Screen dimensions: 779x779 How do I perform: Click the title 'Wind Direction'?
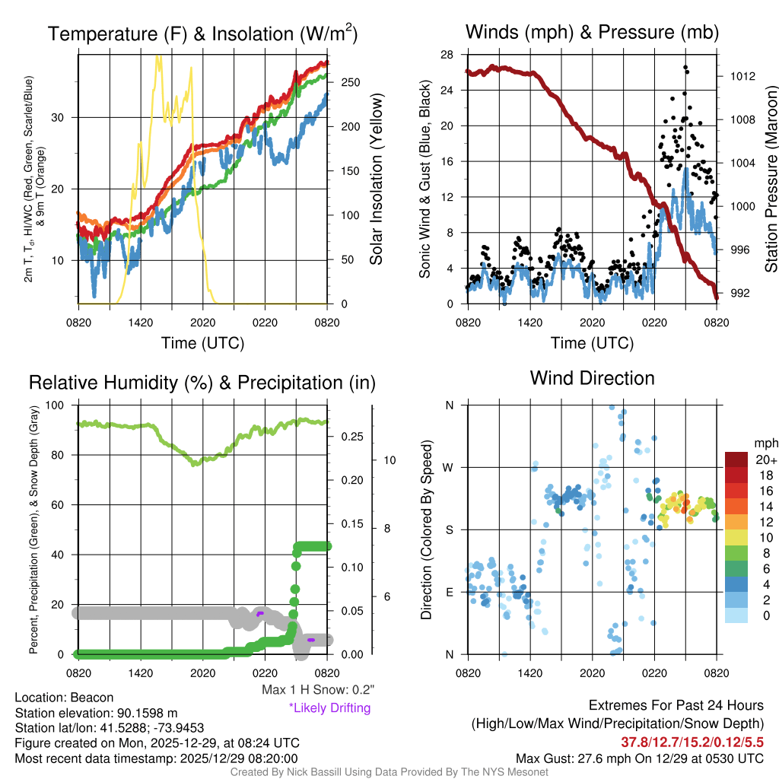pos(592,378)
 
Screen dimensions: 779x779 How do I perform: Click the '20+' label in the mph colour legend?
pos(765,459)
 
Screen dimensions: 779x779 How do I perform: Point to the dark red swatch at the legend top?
pos(737,459)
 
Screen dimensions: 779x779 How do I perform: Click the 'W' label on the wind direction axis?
pos(450,467)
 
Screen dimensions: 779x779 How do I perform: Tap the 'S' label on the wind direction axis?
pos(450,529)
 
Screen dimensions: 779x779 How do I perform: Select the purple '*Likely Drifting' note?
pos(329,707)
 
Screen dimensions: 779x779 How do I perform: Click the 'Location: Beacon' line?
pos(64,698)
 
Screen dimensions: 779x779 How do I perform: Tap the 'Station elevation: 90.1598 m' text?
pos(96,713)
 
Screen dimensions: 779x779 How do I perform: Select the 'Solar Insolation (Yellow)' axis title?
pos(376,180)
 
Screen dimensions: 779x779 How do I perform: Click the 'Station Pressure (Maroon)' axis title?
pos(771,180)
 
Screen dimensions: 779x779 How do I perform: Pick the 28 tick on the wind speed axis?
pos(447,55)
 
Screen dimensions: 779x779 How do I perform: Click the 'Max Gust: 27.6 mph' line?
pos(639,758)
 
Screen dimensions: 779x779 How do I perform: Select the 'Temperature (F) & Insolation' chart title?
pos(202,33)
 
